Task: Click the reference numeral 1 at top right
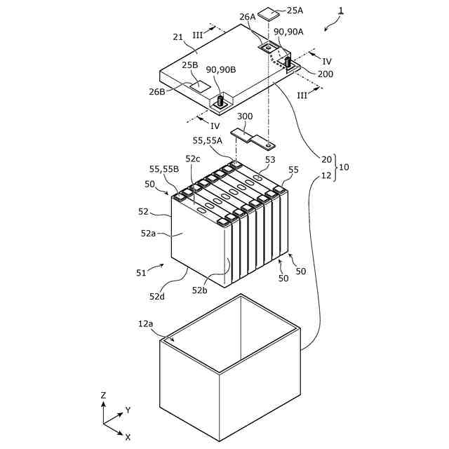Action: (341, 11)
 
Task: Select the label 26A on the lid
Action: (248, 17)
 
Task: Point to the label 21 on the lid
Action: (177, 37)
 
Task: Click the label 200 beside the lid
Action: (325, 74)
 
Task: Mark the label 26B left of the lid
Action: (157, 91)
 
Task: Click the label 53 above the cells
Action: (269, 159)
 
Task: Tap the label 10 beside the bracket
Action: (344, 167)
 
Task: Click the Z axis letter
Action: (103, 396)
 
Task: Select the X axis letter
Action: (128, 436)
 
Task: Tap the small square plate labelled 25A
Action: (270, 13)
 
